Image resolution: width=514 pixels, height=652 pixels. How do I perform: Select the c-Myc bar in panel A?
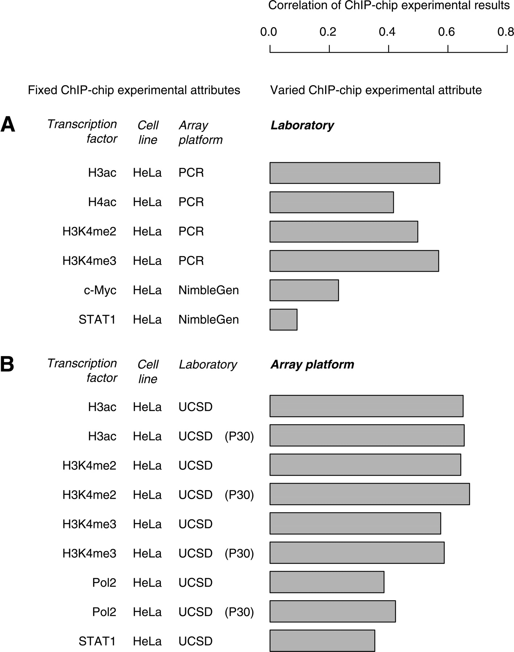tap(304, 290)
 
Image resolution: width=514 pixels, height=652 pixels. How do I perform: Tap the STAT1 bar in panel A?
tap(283, 319)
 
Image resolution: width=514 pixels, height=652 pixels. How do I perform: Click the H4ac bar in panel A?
tap(332, 202)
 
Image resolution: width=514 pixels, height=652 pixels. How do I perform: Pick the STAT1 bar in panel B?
tap(322, 641)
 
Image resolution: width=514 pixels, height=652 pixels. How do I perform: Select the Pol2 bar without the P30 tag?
tap(327, 582)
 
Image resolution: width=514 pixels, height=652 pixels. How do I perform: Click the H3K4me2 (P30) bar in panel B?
tap(370, 494)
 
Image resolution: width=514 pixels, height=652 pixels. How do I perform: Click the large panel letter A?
tap(8, 125)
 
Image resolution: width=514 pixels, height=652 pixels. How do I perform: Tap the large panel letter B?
tap(7, 364)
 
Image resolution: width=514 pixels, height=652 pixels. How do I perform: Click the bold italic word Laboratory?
tap(302, 125)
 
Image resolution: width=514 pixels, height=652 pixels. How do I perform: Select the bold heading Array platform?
tap(312, 364)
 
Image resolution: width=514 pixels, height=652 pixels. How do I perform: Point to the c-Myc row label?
tap(100, 290)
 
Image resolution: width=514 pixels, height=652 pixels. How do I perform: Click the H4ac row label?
tap(102, 202)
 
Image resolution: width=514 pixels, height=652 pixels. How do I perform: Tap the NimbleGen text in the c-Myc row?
tap(209, 290)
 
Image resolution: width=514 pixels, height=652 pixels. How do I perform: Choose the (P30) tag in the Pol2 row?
tap(239, 612)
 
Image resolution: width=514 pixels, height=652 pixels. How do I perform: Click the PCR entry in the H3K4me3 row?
tap(191, 261)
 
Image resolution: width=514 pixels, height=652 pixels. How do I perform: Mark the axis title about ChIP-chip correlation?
tap(389, 5)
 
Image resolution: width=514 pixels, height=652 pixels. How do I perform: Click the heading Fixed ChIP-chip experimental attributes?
tap(134, 90)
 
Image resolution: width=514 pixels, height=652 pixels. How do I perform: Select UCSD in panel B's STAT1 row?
tap(195, 641)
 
